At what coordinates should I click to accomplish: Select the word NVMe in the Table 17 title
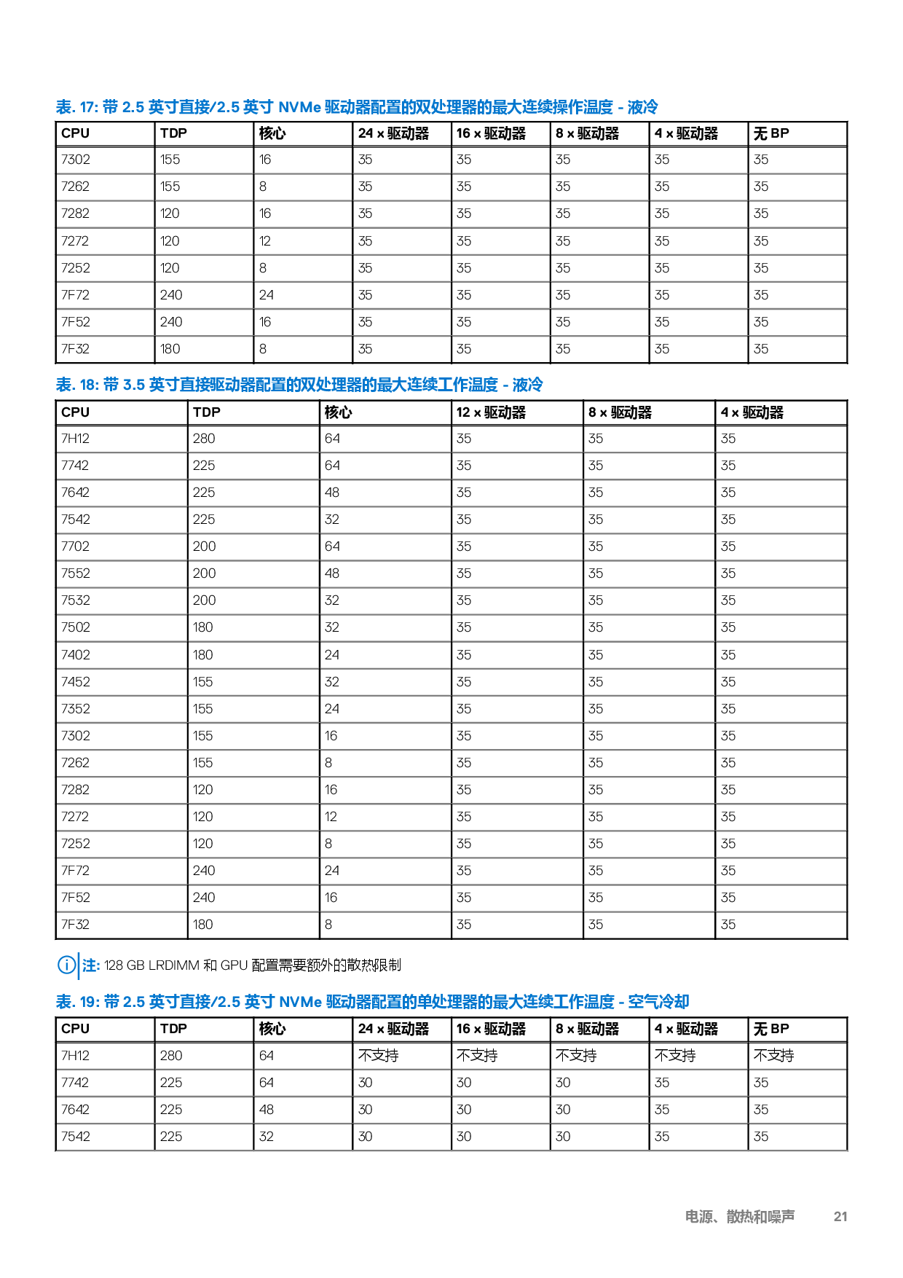(x=299, y=107)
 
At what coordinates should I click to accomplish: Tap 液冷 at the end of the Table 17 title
(x=643, y=107)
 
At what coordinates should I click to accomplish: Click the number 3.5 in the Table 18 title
(x=134, y=385)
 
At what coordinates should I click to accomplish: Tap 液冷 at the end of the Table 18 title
(x=527, y=385)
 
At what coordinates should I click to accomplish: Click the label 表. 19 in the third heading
(x=76, y=1002)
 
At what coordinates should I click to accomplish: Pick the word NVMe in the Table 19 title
(x=300, y=1002)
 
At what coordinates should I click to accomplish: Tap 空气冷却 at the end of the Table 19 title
(x=658, y=1002)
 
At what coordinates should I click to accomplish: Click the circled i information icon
(x=66, y=965)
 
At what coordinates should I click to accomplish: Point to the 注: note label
(x=91, y=965)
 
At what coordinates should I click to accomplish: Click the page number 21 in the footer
(x=840, y=1216)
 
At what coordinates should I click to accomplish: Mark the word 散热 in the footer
(x=740, y=1216)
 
